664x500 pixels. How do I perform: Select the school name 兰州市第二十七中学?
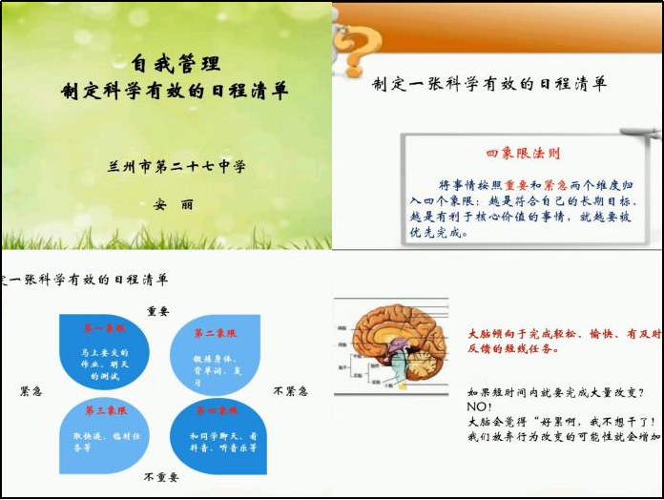pos(176,166)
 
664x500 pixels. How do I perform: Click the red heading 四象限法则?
pos(523,153)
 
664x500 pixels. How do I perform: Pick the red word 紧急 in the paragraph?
pos(556,184)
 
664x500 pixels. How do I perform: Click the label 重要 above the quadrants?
pos(157,311)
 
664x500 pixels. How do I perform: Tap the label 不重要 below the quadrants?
pos(161,476)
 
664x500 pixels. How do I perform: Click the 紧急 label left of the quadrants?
pos(31,391)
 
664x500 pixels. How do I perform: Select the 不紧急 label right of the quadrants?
pos(290,391)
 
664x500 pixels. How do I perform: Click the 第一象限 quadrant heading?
pos(104,329)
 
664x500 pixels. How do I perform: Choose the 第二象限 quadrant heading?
pos(216,334)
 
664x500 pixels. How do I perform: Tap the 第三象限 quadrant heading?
pos(104,411)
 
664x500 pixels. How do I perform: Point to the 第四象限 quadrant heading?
pos(216,411)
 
